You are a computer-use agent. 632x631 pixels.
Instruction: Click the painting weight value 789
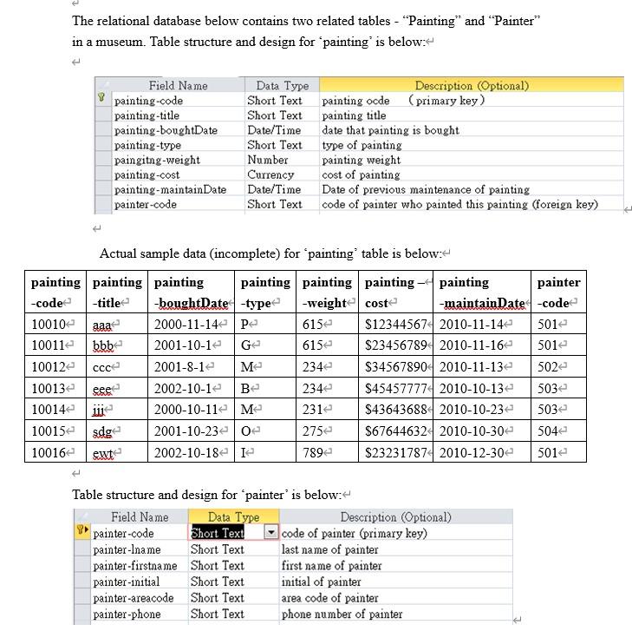(x=314, y=452)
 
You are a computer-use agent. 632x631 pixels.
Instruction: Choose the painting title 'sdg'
(x=104, y=431)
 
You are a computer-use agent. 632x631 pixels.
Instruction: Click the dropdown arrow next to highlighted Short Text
(x=270, y=533)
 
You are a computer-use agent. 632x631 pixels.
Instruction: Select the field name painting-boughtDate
(x=166, y=130)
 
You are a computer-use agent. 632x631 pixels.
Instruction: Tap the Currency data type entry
(x=270, y=174)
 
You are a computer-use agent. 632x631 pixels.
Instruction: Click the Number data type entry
(x=267, y=160)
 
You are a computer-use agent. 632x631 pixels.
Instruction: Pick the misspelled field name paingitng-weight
(x=157, y=160)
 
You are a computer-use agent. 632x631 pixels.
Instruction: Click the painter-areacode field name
(x=134, y=598)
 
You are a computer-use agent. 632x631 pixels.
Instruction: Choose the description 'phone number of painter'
(x=342, y=615)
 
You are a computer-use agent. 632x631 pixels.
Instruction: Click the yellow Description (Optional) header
(x=471, y=85)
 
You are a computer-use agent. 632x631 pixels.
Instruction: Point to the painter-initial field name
(x=127, y=582)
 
